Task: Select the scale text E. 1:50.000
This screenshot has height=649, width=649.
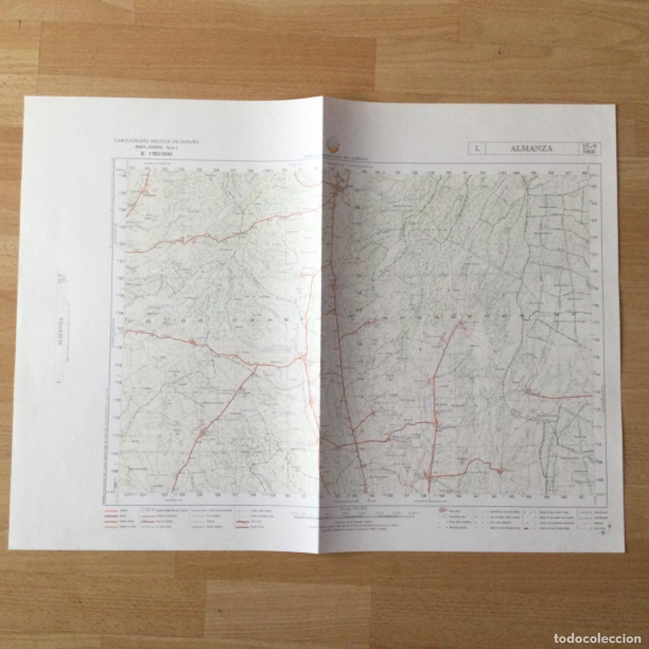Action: (153, 153)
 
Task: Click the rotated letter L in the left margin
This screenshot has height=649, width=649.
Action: (57, 384)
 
